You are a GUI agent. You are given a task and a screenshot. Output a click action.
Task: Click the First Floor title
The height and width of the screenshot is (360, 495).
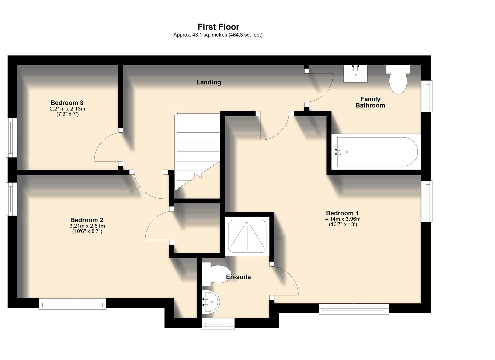click(218, 27)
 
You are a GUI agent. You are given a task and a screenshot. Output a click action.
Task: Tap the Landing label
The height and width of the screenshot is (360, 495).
click(209, 82)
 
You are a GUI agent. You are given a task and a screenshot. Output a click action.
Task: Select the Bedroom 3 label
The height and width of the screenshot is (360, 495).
click(67, 103)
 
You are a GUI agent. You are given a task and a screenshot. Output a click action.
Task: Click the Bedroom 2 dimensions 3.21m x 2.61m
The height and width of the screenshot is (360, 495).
click(87, 226)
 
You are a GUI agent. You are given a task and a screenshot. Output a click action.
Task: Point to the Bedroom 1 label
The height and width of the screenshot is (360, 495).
click(342, 213)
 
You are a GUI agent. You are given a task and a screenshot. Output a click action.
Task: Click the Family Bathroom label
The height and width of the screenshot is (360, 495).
click(370, 102)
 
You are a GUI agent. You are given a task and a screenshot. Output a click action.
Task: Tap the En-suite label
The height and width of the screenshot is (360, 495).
click(238, 277)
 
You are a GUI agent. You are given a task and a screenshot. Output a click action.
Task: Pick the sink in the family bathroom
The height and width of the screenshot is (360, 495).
click(356, 73)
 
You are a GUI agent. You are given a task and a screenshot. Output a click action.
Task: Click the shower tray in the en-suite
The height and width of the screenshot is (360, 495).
click(247, 236)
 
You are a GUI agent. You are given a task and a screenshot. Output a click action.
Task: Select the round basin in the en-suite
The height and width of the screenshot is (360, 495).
click(211, 302)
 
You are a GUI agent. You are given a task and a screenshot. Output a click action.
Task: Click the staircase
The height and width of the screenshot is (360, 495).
click(198, 150)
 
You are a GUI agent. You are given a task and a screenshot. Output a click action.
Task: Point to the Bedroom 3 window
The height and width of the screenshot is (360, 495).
click(12, 138)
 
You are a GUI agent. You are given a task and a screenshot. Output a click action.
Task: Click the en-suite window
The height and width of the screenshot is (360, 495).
click(218, 323)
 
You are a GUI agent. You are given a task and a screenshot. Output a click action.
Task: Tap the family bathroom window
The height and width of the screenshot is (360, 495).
click(427, 96)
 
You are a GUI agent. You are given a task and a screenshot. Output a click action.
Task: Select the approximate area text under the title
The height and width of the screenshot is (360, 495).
click(218, 35)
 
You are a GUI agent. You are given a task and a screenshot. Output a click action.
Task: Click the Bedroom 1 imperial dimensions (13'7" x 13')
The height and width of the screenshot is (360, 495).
click(343, 225)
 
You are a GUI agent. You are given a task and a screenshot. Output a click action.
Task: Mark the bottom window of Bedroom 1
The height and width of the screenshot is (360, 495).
click(354, 309)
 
